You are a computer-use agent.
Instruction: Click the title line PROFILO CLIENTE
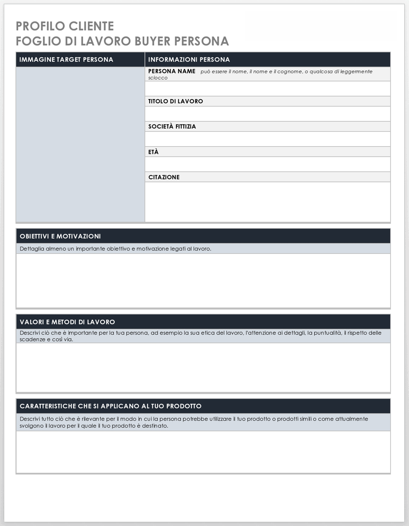coord(65,26)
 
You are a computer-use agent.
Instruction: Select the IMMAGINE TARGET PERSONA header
coord(66,59)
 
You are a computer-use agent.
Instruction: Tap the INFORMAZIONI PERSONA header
coord(189,59)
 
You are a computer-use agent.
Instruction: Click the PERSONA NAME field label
coord(172,71)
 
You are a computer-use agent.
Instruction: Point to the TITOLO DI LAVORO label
coord(175,101)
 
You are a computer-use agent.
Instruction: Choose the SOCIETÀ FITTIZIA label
coord(172,126)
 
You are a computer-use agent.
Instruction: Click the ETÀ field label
coord(153,152)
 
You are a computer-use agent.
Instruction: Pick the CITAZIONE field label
coord(164,177)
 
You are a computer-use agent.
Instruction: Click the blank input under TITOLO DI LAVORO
coord(267,114)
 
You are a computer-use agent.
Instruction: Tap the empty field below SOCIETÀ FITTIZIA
coord(267,139)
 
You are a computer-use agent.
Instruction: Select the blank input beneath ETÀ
coord(267,164)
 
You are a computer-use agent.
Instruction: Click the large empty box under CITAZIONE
coord(267,201)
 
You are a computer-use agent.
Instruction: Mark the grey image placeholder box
coord(80,144)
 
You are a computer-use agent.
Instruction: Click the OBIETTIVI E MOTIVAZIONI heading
coord(60,236)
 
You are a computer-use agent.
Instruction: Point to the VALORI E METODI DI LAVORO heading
coord(67,322)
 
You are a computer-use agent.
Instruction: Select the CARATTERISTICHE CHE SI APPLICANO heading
coord(110,406)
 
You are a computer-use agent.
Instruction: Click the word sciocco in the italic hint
coord(158,78)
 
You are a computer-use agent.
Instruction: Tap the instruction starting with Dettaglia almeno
coord(115,249)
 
